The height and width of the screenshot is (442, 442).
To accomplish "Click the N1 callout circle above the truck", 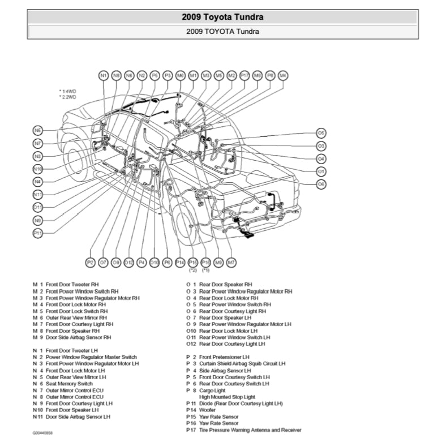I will (x=103, y=75).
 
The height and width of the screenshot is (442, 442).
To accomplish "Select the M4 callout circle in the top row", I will (x=283, y=75).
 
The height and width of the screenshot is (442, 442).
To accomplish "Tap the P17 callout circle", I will (x=244, y=75).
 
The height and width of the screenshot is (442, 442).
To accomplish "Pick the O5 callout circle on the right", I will (x=321, y=133).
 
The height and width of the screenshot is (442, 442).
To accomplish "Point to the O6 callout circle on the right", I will (x=321, y=184).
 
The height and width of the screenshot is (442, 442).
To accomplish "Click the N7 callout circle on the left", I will (x=38, y=143).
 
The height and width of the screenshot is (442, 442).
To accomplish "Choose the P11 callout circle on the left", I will (x=38, y=233).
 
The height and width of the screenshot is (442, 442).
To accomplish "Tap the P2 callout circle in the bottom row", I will (x=91, y=262).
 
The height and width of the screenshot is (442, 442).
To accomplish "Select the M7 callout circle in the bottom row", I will (x=231, y=262).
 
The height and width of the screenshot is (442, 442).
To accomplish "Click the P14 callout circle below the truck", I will (x=180, y=262).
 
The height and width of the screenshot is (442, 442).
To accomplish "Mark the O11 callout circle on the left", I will (x=38, y=207).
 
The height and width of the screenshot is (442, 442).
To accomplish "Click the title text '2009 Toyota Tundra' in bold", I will (x=222, y=17).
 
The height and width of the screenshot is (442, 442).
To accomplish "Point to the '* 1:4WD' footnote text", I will (x=68, y=91).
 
